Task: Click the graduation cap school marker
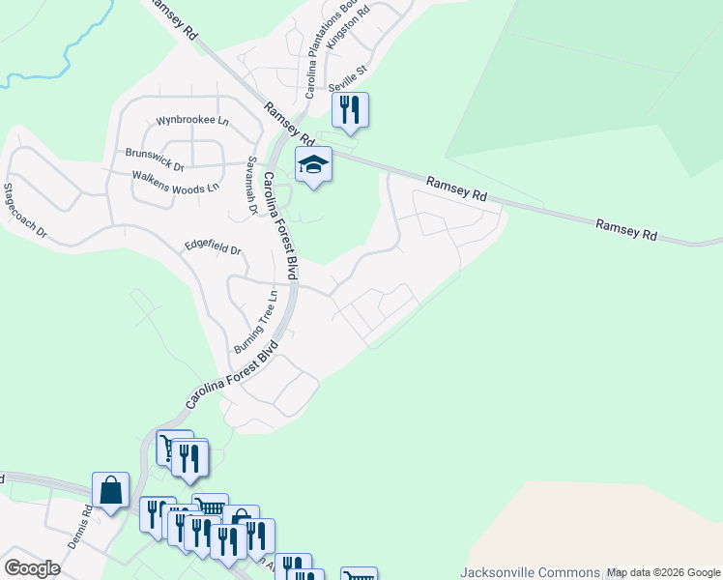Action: (313, 166)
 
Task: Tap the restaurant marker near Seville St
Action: (350, 110)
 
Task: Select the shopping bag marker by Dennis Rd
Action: (110, 491)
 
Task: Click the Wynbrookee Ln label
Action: (192, 122)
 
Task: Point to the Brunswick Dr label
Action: (155, 154)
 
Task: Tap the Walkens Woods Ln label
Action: (176, 181)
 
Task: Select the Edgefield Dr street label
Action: (213, 248)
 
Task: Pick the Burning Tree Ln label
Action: (256, 322)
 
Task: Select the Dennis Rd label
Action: (80, 527)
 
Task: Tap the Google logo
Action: (32, 568)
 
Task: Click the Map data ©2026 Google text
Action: (664, 572)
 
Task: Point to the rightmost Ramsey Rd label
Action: (626, 230)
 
